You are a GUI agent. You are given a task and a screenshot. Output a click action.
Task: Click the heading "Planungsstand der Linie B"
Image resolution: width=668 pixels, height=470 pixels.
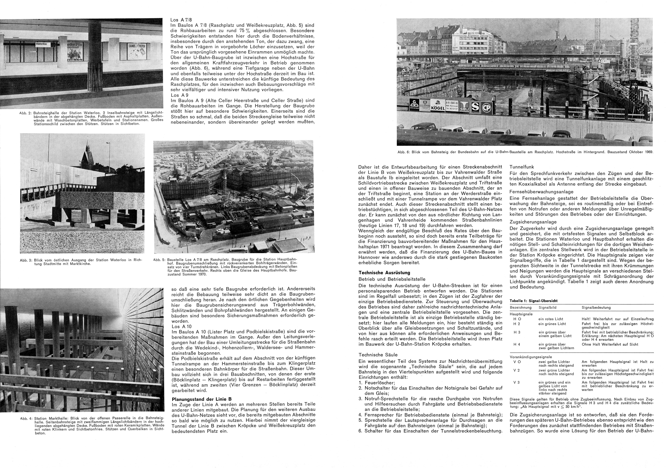coord(202,399)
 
